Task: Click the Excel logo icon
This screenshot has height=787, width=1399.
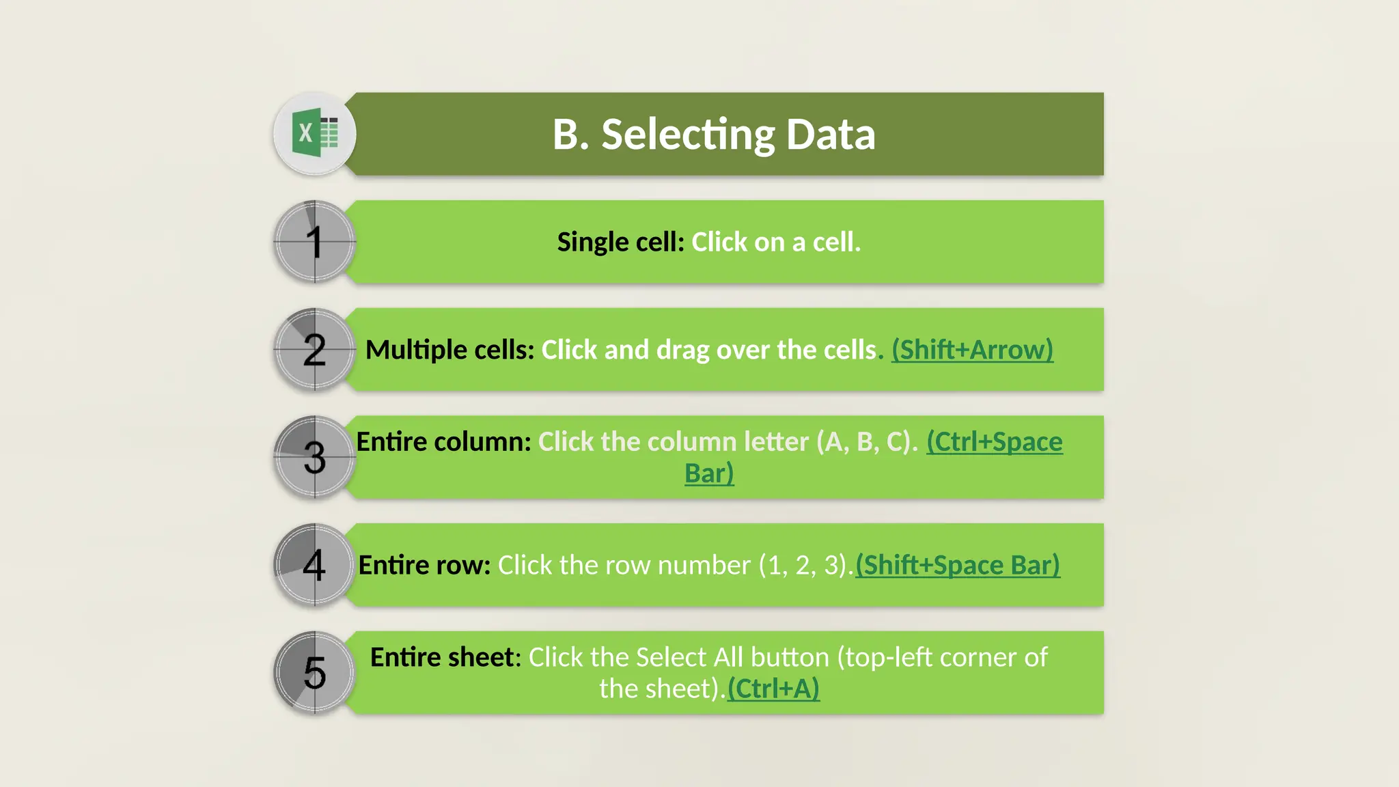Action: click(x=315, y=133)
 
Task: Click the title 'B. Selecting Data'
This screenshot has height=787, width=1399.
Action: click(x=713, y=134)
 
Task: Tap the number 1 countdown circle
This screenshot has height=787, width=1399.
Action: click(x=315, y=242)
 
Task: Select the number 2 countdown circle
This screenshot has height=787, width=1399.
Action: click(x=315, y=350)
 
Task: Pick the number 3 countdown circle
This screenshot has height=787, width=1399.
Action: click(x=315, y=457)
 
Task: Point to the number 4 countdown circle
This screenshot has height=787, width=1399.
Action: click(x=315, y=565)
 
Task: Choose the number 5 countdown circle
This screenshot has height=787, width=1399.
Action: click(x=315, y=673)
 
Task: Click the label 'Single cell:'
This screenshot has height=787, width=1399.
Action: click(x=620, y=242)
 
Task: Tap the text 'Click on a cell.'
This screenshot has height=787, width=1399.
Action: click(x=776, y=242)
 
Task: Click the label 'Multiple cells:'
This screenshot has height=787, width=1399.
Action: click(x=449, y=350)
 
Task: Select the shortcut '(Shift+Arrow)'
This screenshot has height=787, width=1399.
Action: click(x=972, y=350)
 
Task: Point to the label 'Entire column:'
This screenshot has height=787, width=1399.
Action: click(x=443, y=442)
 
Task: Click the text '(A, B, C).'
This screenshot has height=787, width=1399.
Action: click(x=867, y=442)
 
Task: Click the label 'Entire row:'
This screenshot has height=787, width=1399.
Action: click(x=424, y=566)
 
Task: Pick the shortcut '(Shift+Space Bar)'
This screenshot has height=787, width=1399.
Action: click(x=958, y=566)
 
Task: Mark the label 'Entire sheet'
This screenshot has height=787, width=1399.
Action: click(x=442, y=657)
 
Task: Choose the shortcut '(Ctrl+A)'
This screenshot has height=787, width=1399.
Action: click(x=773, y=689)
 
